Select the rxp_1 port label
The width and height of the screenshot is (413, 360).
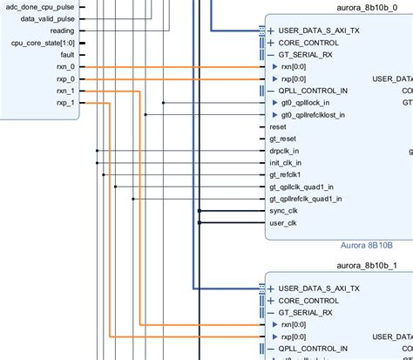[64, 103]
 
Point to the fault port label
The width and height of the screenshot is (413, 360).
[67, 54]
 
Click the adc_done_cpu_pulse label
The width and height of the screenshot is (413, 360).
[40, 5]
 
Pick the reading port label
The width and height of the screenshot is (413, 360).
[62, 30]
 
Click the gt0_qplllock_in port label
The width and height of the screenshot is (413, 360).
[308, 102]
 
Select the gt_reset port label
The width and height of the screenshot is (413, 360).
[282, 139]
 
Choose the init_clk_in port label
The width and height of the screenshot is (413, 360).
[286, 162]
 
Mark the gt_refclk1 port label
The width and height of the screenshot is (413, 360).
[285, 174]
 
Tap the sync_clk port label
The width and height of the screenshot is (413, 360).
[283, 210]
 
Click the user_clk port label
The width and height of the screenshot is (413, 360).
[283, 222]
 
